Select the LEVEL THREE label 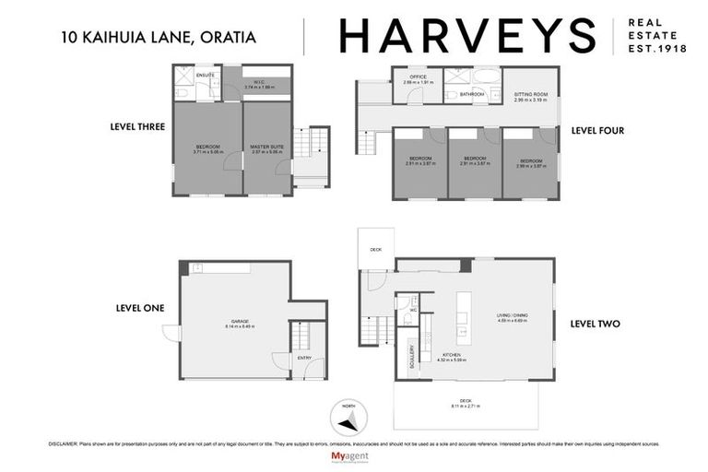click(136, 126)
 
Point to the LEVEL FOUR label click(597, 131)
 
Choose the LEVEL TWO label click(595, 324)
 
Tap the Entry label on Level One click(304, 357)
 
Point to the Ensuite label click(206, 75)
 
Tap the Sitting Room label click(530, 94)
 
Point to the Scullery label click(411, 356)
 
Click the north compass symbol click(347, 421)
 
